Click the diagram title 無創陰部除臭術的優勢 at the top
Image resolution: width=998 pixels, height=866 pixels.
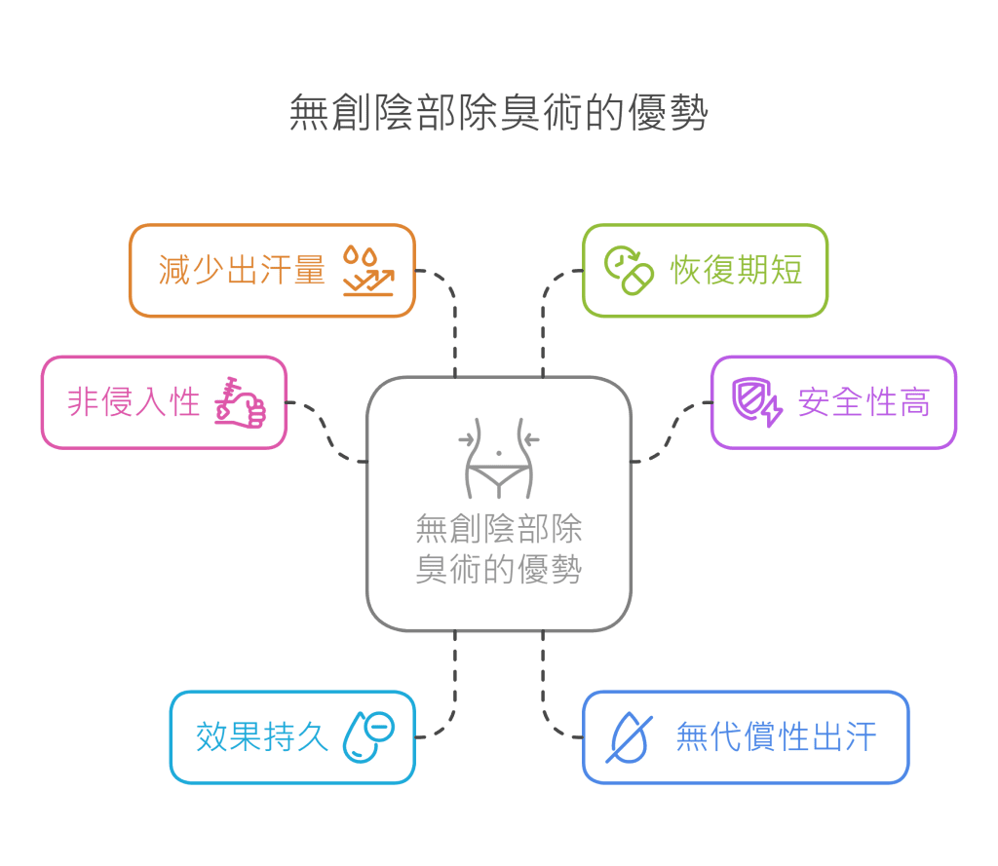tap(498, 114)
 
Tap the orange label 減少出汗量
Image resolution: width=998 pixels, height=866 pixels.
tap(242, 270)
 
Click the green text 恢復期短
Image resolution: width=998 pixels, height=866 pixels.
tap(737, 270)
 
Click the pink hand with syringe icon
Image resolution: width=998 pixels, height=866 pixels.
tap(240, 400)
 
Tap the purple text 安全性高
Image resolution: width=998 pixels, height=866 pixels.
tap(864, 401)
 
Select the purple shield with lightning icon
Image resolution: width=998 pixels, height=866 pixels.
tap(757, 401)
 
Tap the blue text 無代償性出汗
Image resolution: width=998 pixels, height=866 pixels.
tap(776, 736)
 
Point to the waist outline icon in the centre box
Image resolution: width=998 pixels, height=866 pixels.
tap(498, 459)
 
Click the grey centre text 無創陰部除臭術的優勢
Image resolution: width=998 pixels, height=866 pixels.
tap(498, 548)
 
